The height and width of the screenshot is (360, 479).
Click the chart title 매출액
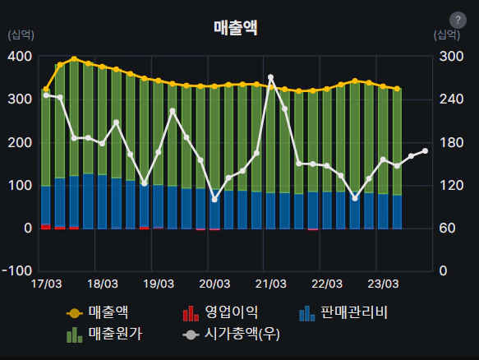click(235, 27)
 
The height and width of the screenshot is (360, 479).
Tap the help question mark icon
click(458, 21)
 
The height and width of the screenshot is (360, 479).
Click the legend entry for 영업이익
click(220, 312)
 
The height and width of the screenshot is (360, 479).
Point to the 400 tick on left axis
click(21, 57)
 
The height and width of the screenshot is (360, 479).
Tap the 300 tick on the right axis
click(448, 57)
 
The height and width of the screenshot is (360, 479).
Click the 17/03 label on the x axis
click(46, 284)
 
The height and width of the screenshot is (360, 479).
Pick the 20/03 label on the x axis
click(214, 284)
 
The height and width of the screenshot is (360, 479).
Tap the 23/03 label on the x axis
click(383, 284)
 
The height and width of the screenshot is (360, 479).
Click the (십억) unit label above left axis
click(21, 35)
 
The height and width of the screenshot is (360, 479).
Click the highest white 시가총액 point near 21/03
click(271, 77)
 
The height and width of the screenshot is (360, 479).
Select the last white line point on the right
click(425, 150)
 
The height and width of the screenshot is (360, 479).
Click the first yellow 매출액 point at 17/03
click(46, 90)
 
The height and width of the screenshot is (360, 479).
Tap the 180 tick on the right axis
click(448, 142)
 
